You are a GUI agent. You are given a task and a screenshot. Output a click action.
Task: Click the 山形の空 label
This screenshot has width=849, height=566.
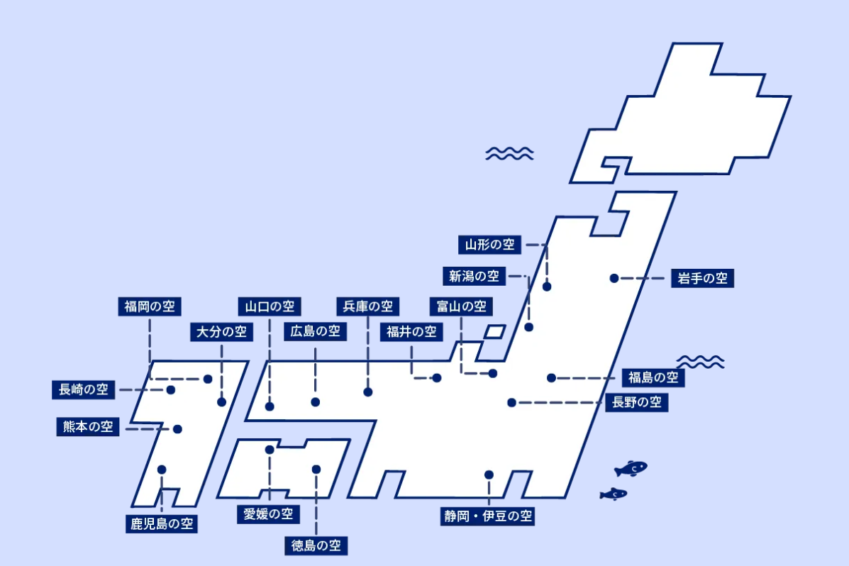pos(489,245)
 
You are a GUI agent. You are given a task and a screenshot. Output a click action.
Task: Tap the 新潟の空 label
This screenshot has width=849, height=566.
pos(474,276)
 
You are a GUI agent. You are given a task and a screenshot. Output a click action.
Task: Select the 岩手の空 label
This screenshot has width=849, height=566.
pos(702,279)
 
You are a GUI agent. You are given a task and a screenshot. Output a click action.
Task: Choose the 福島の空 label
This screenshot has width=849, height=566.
pos(653,377)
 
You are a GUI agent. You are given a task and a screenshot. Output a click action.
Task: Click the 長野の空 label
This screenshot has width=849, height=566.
pos(637,402)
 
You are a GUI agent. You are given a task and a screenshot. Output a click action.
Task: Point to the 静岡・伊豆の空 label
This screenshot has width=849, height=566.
pos(488,516)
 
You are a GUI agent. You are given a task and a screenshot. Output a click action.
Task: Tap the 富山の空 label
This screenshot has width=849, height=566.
pos(461,306)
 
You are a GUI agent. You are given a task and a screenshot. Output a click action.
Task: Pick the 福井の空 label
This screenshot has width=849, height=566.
pos(411,331)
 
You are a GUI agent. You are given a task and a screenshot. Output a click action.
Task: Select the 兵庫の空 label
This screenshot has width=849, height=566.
pos(367,306)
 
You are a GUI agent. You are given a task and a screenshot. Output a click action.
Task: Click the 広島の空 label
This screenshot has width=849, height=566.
pos(315,331)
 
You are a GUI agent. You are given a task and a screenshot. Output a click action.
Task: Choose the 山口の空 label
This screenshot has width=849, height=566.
pos(270,306)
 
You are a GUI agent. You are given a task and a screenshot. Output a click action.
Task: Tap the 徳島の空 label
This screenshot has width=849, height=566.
pos(316,545)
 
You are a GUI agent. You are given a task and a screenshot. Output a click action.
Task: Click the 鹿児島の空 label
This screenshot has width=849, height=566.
pos(161,523)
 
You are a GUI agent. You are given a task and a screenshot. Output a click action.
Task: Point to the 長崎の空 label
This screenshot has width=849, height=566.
pos(84,389)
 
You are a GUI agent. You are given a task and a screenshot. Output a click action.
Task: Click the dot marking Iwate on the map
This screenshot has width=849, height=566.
pos(614,279)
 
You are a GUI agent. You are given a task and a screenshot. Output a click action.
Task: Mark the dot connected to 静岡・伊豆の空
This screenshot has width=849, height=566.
pos(489,475)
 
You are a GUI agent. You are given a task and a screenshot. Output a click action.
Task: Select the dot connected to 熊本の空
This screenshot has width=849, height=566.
pos(177,429)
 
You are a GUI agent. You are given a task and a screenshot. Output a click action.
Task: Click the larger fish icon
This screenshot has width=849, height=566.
pos(631,468)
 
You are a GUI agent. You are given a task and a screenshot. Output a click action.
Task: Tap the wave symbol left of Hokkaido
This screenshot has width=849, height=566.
pos(509,154)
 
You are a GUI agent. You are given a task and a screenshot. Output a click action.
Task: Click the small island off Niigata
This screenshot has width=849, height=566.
pos(494,331)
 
